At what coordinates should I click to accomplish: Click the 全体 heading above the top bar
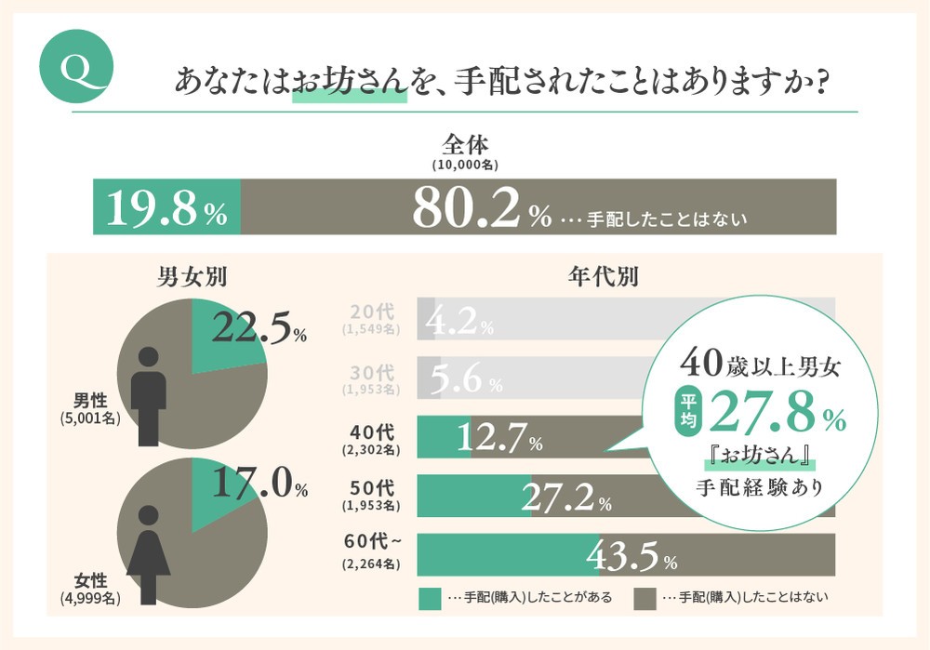465,146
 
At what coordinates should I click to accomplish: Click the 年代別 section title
602,276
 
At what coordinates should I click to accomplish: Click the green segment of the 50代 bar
473,496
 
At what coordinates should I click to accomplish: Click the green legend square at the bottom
430,598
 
